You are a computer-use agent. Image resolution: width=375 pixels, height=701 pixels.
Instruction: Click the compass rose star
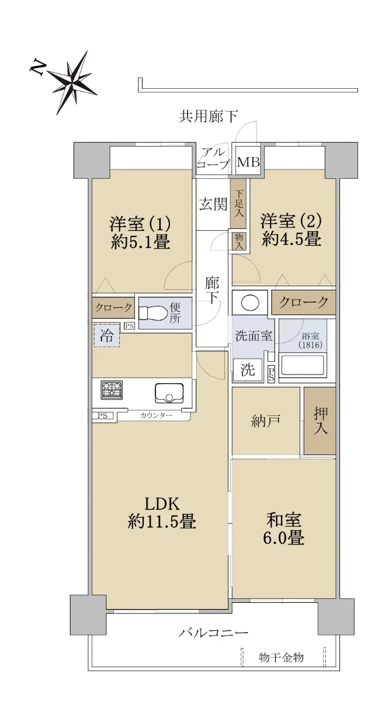72,82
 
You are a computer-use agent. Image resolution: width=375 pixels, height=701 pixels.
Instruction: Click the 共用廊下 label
208,116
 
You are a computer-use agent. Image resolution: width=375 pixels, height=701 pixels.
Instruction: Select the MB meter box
248,162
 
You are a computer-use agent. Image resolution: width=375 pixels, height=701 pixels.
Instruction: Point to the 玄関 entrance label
213,205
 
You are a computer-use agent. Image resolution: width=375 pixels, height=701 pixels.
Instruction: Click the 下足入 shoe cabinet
239,204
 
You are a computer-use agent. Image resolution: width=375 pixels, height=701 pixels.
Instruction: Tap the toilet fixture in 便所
152,313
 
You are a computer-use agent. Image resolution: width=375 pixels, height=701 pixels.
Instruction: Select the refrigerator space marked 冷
106,335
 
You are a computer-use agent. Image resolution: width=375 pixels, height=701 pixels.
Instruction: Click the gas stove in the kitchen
112,390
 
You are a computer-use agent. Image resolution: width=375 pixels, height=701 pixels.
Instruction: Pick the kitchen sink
169,393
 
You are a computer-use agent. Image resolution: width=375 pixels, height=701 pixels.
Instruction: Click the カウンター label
156,415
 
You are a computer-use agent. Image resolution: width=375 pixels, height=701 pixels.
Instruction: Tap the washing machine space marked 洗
248,370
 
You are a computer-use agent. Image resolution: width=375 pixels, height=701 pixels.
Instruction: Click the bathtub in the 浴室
303,364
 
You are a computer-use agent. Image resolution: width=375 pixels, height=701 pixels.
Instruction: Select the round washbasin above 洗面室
250,303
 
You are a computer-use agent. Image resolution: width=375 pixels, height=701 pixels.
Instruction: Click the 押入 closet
320,421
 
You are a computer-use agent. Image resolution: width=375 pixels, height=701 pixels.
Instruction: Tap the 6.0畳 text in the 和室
284,538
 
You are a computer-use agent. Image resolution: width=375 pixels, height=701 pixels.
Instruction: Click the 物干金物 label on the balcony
281,658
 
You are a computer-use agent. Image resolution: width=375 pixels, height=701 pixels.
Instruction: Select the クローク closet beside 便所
113,308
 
